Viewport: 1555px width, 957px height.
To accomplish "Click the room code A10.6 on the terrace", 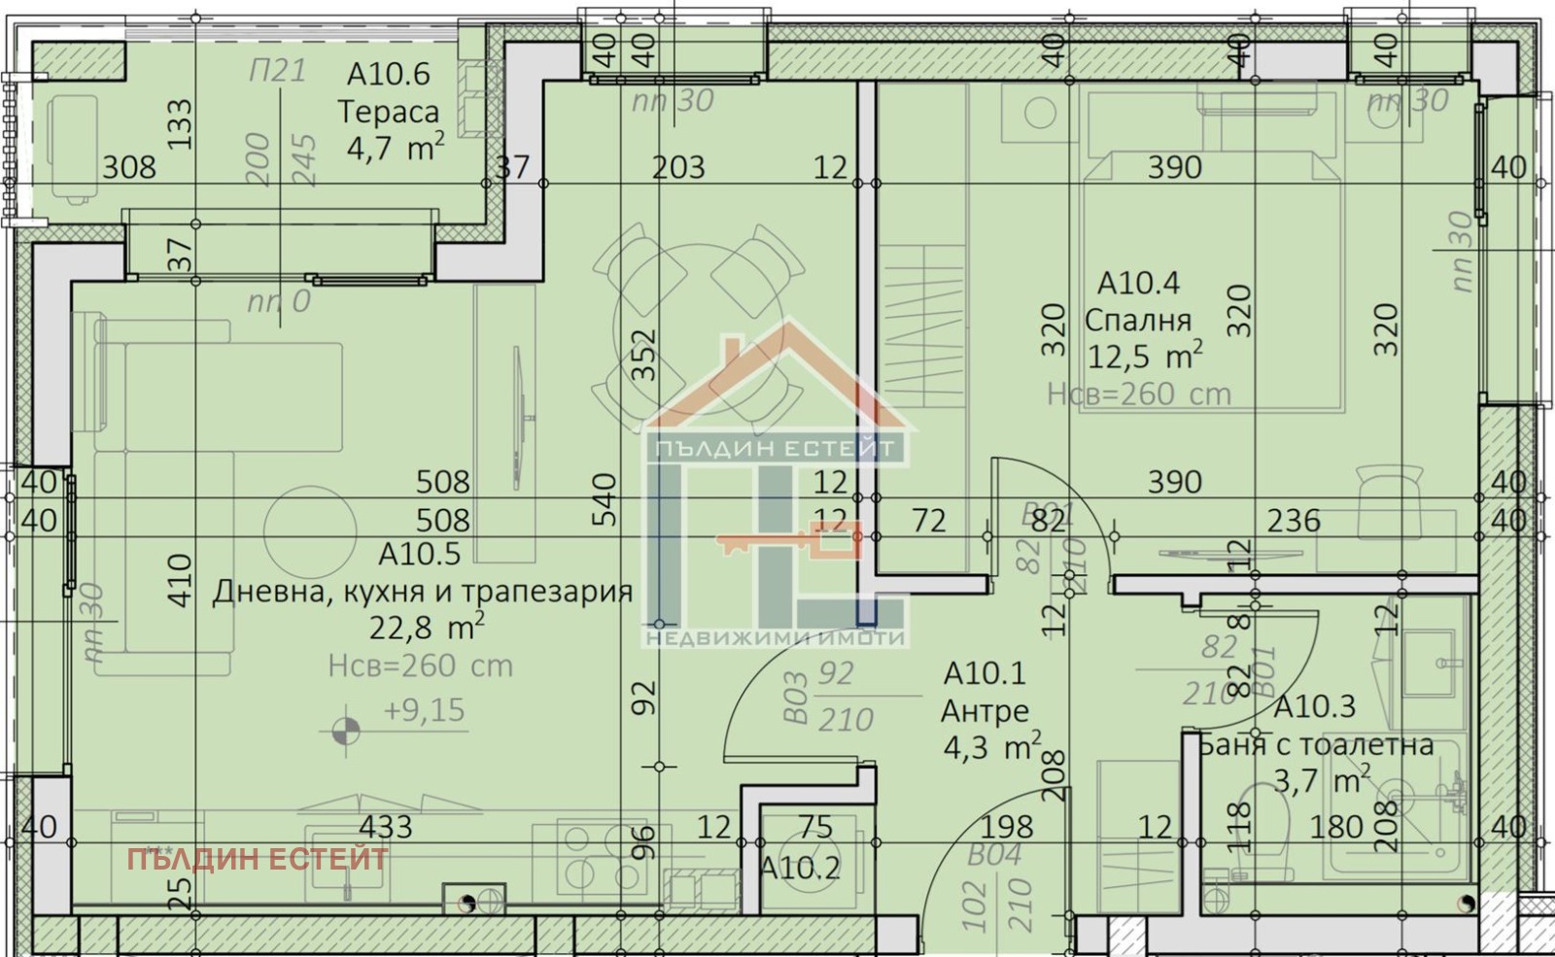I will [x=389, y=74].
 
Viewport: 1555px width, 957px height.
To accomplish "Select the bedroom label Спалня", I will [x=1137, y=320].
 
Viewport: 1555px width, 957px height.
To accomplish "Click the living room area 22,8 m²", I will [x=427, y=628].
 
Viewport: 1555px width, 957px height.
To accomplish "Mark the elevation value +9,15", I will [x=424, y=710].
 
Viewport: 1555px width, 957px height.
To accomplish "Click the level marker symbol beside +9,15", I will [x=345, y=731].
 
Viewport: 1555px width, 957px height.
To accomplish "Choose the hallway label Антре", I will [x=985, y=711].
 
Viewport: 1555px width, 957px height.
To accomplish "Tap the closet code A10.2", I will [x=801, y=868].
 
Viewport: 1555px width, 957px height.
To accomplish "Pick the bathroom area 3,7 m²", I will [x=1322, y=779].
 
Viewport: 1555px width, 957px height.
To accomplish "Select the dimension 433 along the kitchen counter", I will [x=386, y=827].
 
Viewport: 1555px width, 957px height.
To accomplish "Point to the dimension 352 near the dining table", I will [x=643, y=355].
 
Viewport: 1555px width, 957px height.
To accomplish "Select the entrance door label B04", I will [x=994, y=855].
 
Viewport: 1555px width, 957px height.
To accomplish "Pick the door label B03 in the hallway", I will [x=795, y=698].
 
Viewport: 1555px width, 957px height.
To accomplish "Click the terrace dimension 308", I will [x=129, y=167].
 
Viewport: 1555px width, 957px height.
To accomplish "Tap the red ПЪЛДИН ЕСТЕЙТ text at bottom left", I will [x=258, y=860].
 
